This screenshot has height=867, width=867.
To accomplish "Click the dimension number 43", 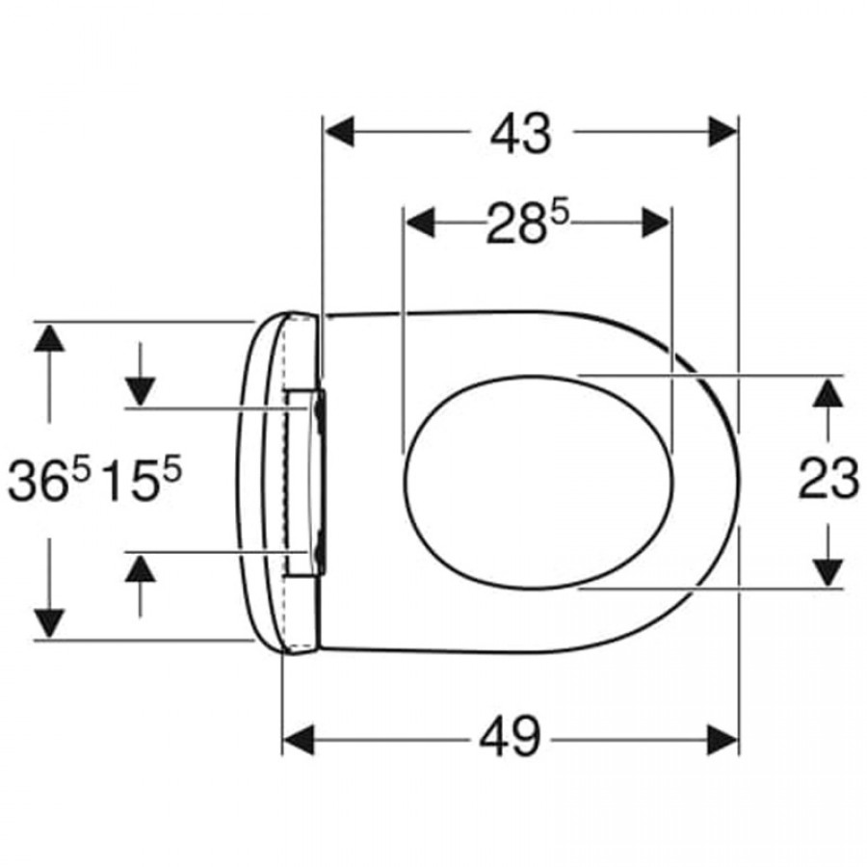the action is (521, 134).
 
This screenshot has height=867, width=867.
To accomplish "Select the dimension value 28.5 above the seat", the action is (527, 223).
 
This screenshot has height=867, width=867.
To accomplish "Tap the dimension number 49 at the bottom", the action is (510, 738).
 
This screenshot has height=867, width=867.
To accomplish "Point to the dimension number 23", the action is (828, 478).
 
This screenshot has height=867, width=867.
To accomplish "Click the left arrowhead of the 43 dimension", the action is (339, 132).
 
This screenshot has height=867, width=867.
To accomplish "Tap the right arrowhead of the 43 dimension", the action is (722, 132).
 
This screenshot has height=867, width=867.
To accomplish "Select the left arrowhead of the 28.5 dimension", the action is (420, 223).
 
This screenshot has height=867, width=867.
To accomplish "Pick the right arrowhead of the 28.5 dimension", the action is (656, 223).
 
